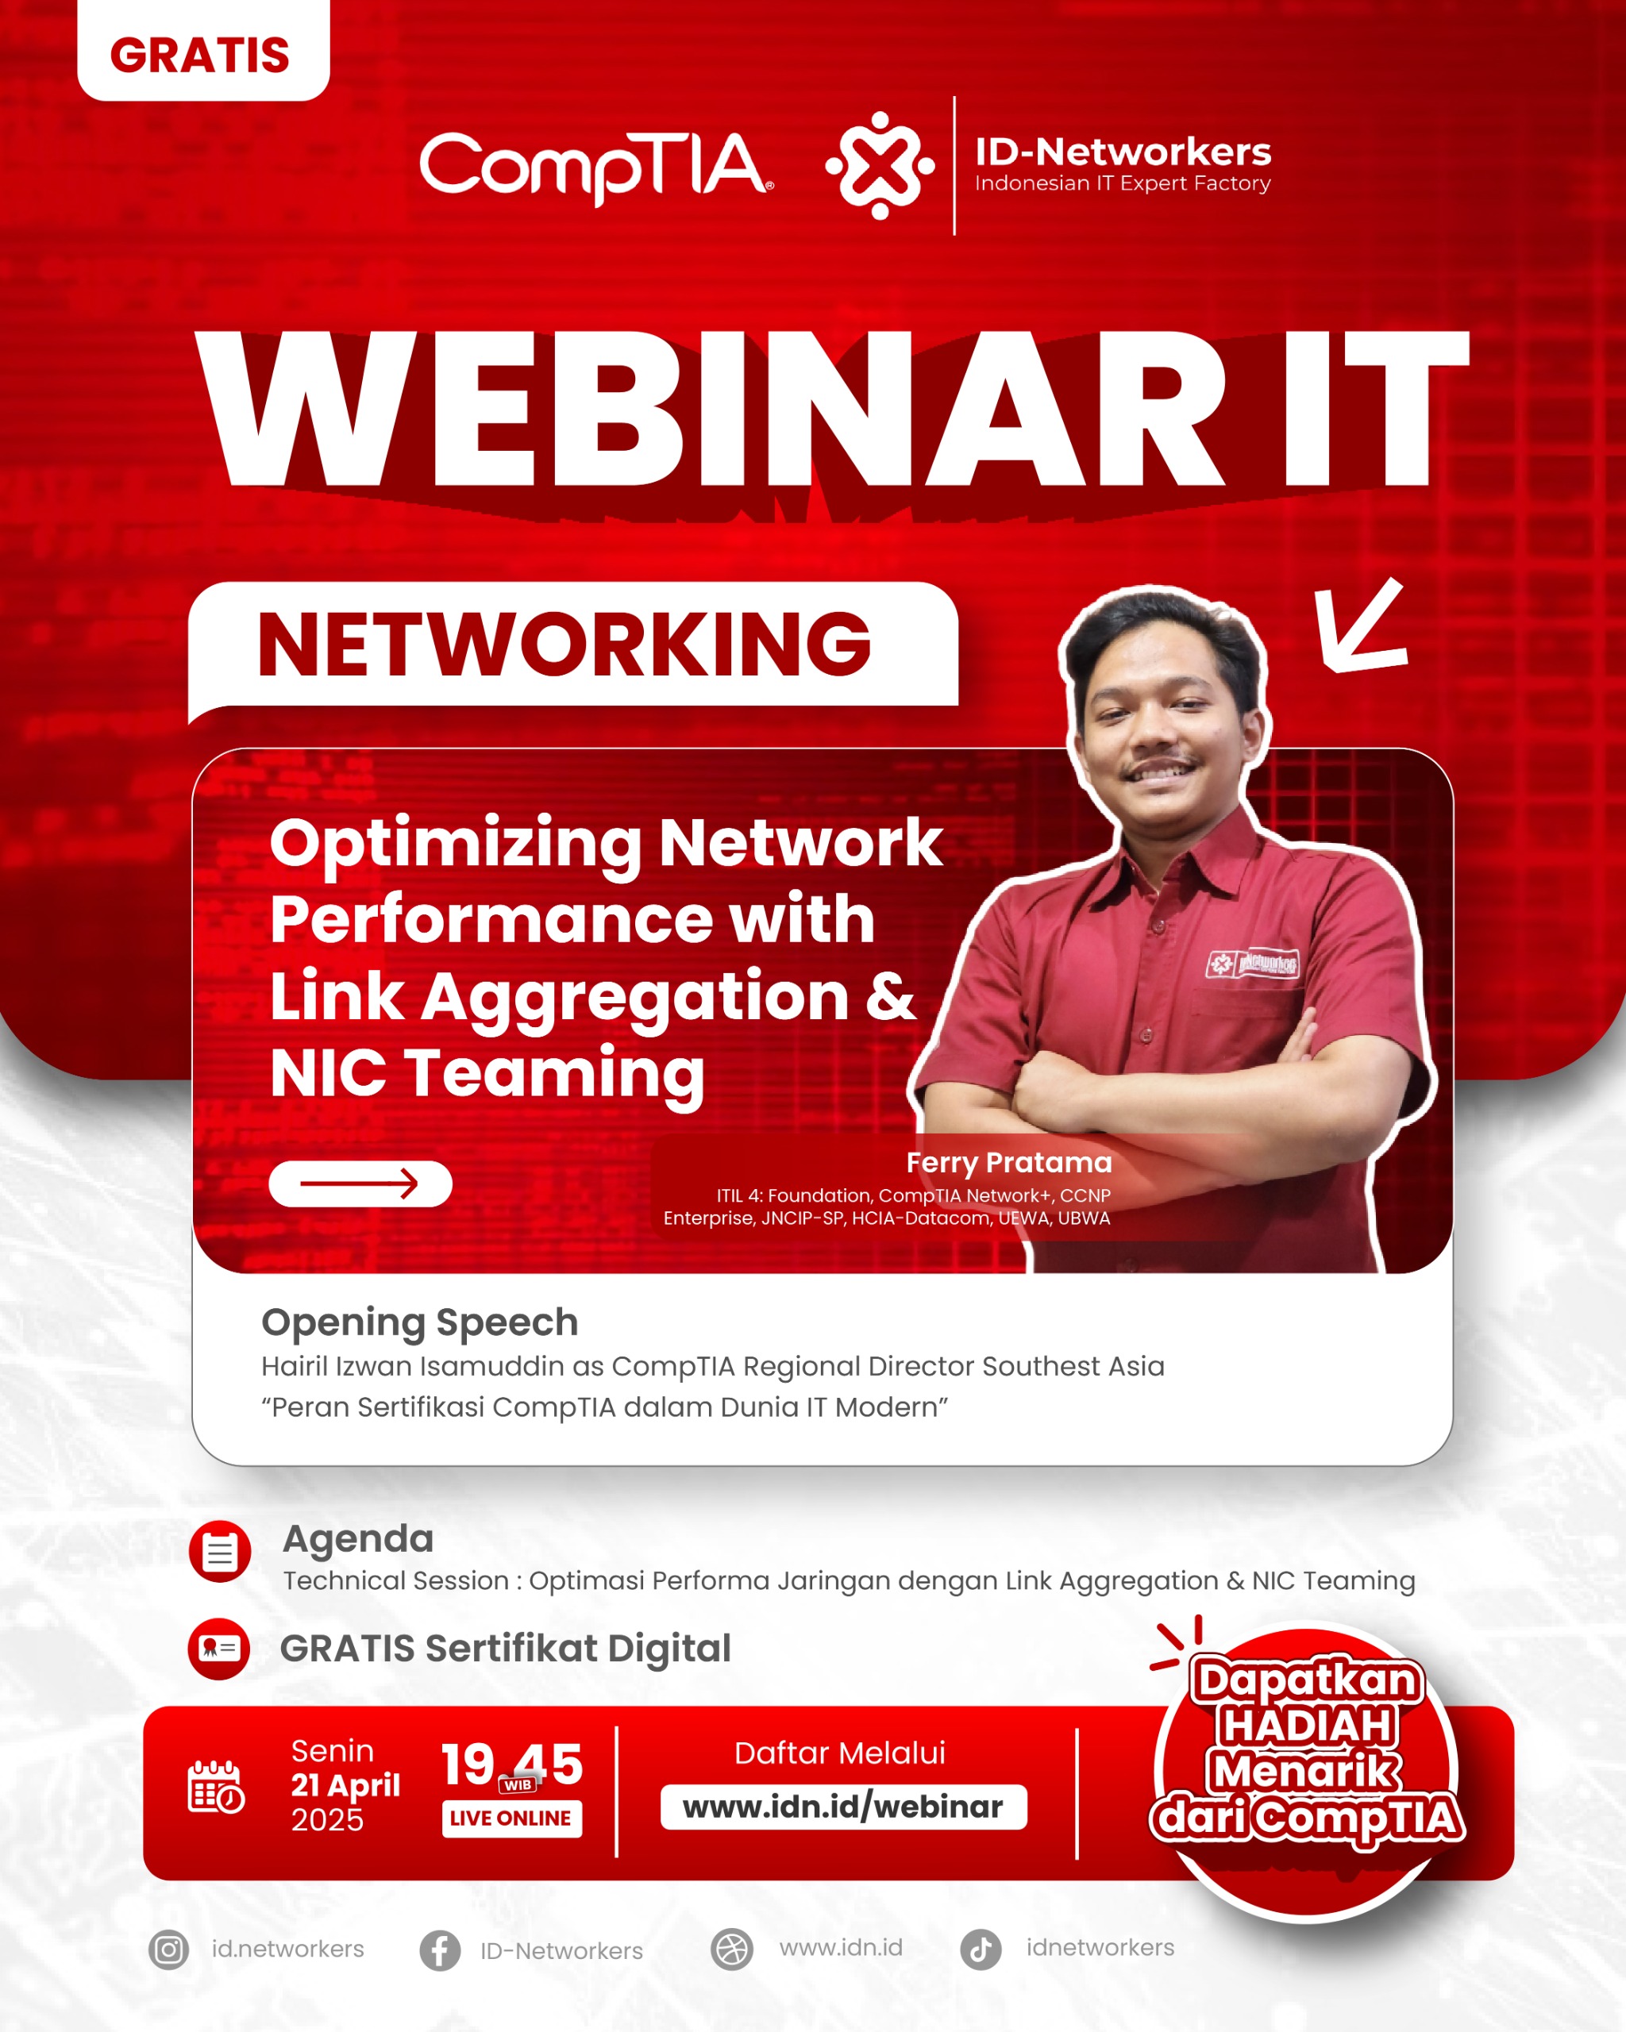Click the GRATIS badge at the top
(202, 54)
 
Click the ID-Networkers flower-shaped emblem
(880, 166)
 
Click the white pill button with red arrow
(360, 1183)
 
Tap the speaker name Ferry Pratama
(1008, 1162)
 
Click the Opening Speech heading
(419, 1322)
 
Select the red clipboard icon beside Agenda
(220, 1551)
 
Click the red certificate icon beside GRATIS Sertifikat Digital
(218, 1649)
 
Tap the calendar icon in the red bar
(216, 1786)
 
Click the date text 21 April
(345, 1785)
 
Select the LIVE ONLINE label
(511, 1818)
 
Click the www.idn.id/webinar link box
(842, 1807)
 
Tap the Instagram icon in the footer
(169, 1949)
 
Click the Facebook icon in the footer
(439, 1950)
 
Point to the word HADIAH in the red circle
(1307, 1726)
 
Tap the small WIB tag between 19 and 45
(518, 1785)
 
